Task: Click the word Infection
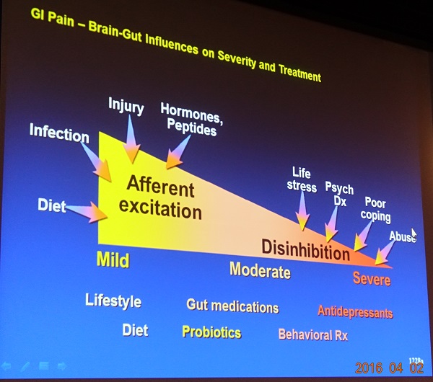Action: (x=59, y=133)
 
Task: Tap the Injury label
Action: (x=126, y=106)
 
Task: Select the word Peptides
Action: (x=192, y=128)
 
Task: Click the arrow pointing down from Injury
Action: (x=131, y=139)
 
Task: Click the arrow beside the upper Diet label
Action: (x=87, y=212)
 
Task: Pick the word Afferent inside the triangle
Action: (x=161, y=187)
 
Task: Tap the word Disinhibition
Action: (x=306, y=249)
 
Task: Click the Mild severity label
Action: (x=113, y=259)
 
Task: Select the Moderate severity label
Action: (x=260, y=270)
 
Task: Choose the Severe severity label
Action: (x=372, y=278)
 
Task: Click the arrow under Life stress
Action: (x=302, y=211)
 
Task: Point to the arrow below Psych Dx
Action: (x=332, y=224)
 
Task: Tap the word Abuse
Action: (x=403, y=236)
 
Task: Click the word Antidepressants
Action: (x=355, y=312)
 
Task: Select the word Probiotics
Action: (x=211, y=332)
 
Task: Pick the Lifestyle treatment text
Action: (x=113, y=301)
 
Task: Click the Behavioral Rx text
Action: (x=313, y=334)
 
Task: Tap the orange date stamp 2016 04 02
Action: (x=390, y=368)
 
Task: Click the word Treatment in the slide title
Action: (x=299, y=73)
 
